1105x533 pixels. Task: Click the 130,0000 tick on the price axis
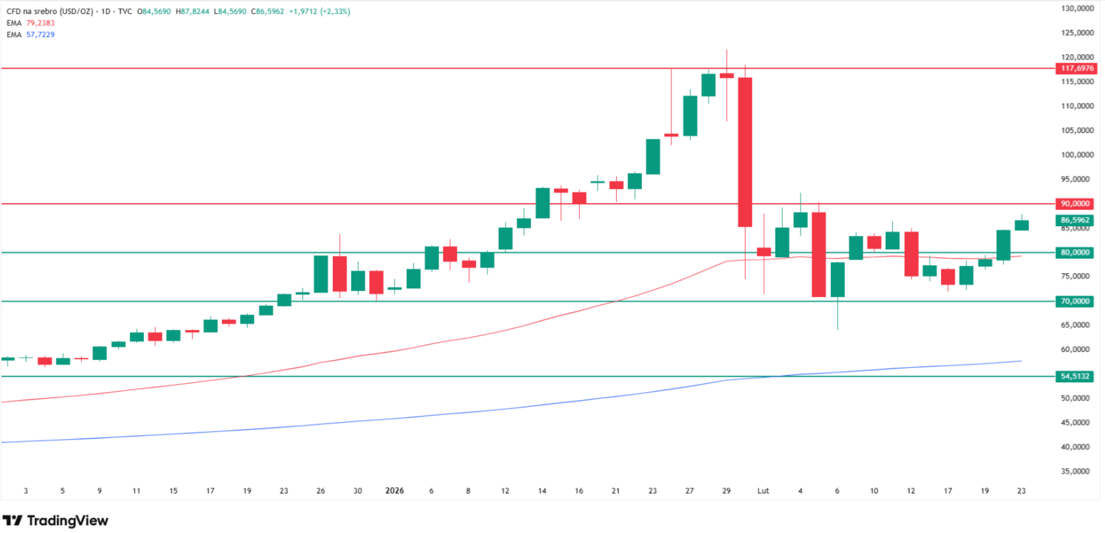(x=1077, y=9)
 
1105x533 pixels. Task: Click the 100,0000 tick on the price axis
(x=1077, y=155)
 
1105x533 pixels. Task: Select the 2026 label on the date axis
(x=394, y=491)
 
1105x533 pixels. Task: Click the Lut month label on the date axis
(x=763, y=491)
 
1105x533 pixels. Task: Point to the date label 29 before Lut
(x=727, y=491)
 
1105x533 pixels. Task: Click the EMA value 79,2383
(x=40, y=23)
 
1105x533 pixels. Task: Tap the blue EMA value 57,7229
(x=40, y=34)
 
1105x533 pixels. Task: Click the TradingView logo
(x=55, y=520)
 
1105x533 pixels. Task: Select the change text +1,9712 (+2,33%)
(x=319, y=11)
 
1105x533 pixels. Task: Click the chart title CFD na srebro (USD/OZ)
(x=50, y=11)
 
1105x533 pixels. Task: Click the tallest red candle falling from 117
(x=745, y=152)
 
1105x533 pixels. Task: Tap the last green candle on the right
(x=1021, y=225)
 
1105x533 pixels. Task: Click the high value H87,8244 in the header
(x=192, y=11)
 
